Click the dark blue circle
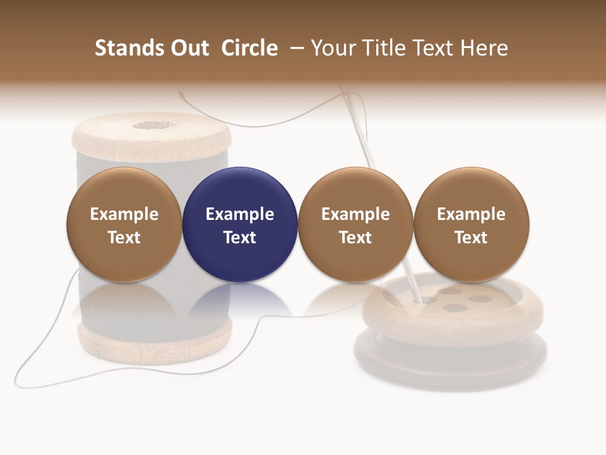(x=240, y=224)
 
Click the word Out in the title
(x=188, y=48)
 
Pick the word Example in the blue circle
(x=240, y=214)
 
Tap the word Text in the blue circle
(x=240, y=238)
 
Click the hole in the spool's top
(x=150, y=124)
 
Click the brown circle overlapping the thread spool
(x=124, y=224)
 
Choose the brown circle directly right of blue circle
(x=355, y=224)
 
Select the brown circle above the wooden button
(x=471, y=224)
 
